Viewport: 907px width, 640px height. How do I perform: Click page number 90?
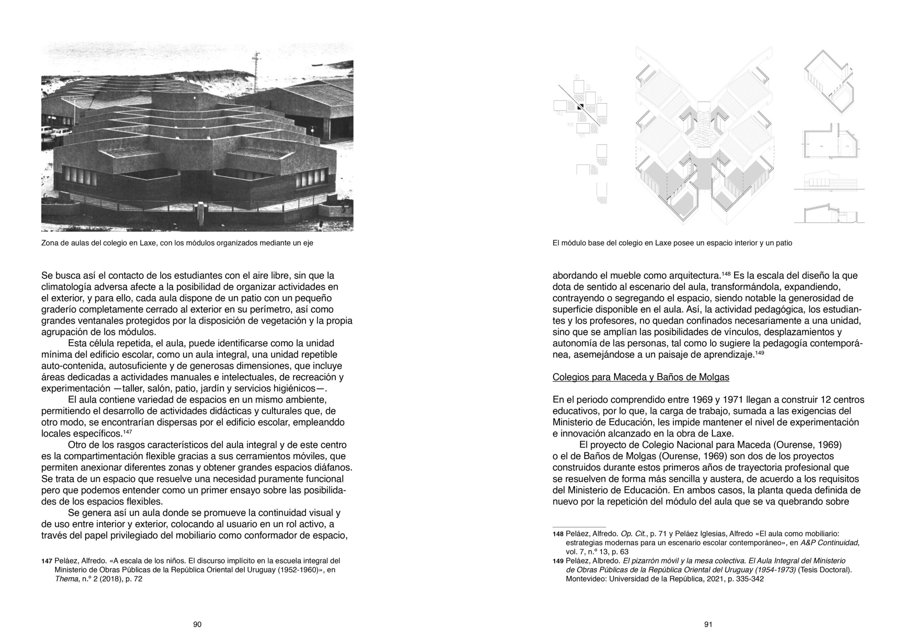coord(197,624)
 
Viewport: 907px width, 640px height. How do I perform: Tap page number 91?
coord(708,624)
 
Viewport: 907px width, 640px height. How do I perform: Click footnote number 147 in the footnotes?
coord(47,561)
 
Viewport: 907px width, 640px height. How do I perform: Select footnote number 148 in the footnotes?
coord(558,534)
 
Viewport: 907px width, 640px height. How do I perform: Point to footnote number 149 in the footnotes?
coord(558,561)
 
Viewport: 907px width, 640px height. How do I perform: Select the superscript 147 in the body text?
coord(127,431)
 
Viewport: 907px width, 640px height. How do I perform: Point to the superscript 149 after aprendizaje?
coord(760,352)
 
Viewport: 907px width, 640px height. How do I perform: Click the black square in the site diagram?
coord(580,107)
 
